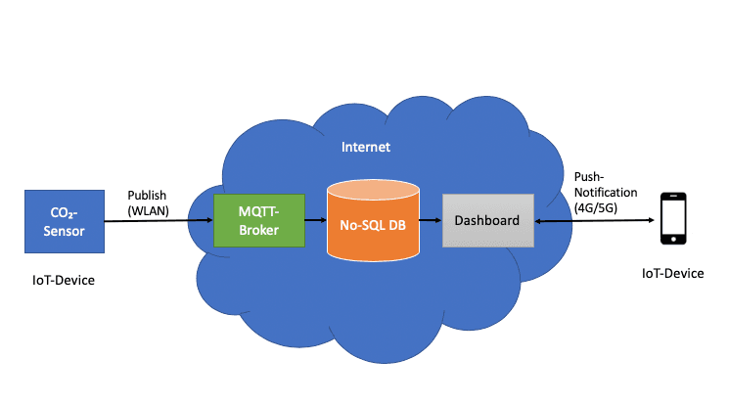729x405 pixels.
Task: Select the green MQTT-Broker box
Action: pyautogui.click(x=258, y=221)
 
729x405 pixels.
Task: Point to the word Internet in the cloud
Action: pyautogui.click(x=365, y=148)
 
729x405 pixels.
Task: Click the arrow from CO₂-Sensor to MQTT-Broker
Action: pyautogui.click(x=158, y=221)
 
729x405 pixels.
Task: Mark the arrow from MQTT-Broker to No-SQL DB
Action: pyautogui.click(x=314, y=221)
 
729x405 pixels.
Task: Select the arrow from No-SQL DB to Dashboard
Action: pyautogui.click(x=432, y=221)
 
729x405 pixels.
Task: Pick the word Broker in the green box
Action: pyautogui.click(x=259, y=231)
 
